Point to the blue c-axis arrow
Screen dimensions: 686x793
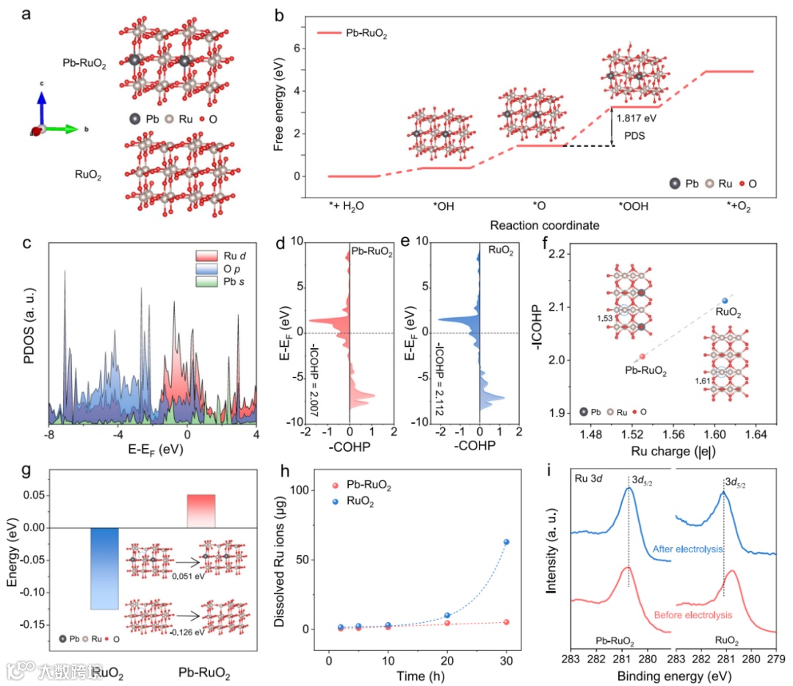[x=43, y=106]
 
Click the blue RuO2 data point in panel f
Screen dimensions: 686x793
[x=725, y=301]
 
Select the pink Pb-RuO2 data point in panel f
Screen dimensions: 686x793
[x=642, y=356]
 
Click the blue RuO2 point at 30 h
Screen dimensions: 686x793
[x=506, y=542]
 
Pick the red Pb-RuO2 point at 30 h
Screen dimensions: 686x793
[x=506, y=622]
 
